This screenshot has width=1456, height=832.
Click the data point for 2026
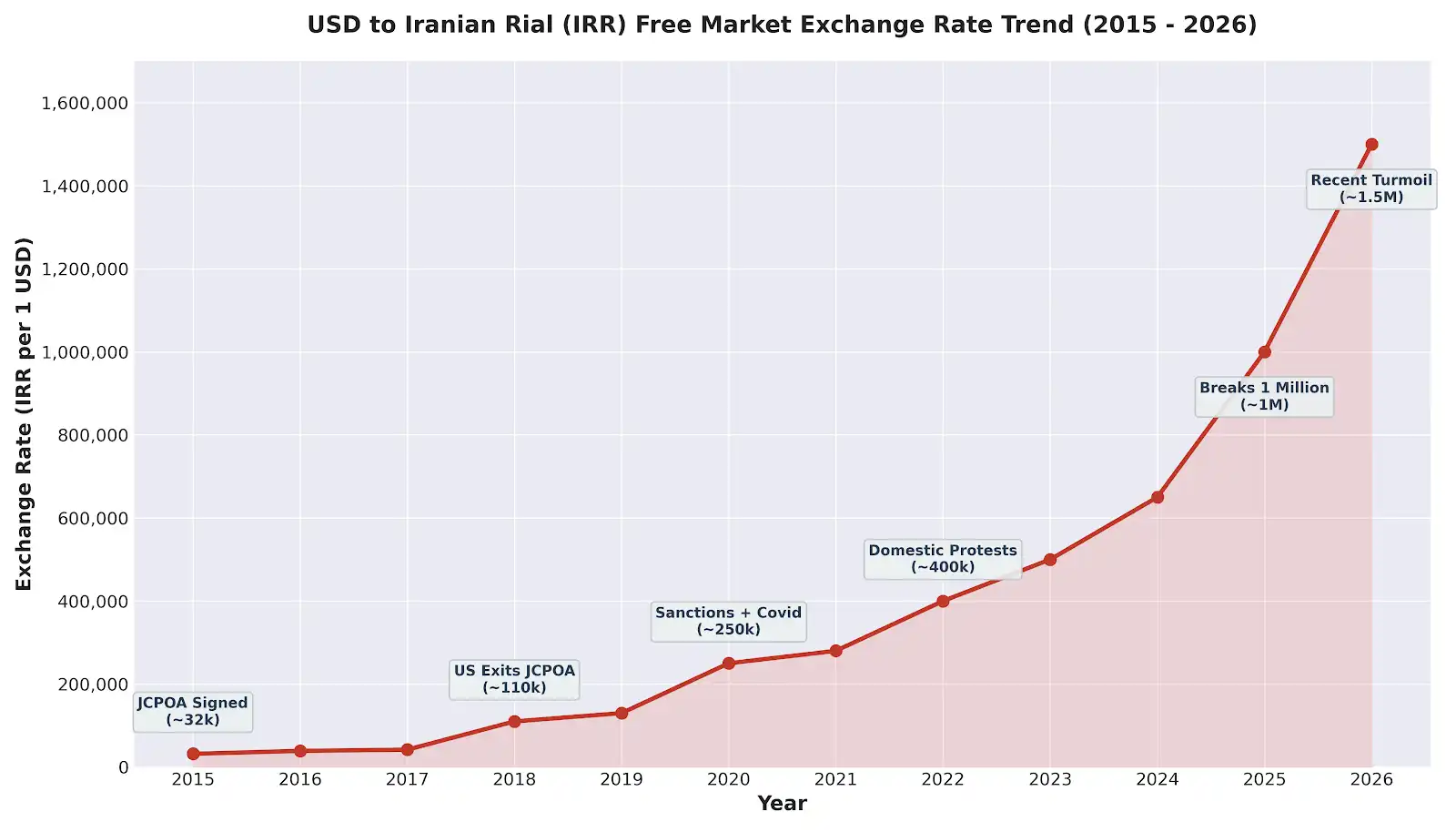1371,145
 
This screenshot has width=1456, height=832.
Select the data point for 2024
1158,497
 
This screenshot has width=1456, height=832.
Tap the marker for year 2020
729,664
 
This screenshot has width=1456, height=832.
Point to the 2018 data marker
514,722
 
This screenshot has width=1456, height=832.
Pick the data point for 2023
1050,560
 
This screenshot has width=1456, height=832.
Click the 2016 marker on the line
300,751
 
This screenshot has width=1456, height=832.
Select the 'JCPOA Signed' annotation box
193,711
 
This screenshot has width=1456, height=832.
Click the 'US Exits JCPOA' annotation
514,679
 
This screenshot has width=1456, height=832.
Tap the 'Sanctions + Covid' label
728,621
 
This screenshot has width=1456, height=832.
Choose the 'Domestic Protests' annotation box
943,559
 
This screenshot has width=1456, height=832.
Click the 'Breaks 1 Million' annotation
1264,396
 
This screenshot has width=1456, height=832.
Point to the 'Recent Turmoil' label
1371,188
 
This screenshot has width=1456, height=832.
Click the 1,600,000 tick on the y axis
85,104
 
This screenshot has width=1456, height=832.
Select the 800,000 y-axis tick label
93,436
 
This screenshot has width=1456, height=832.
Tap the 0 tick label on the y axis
124,767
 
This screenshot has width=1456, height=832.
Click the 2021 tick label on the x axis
835,779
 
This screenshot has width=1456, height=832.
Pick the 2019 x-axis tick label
622,779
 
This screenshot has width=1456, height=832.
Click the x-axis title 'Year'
782,803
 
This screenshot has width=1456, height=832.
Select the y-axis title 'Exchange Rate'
25,414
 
